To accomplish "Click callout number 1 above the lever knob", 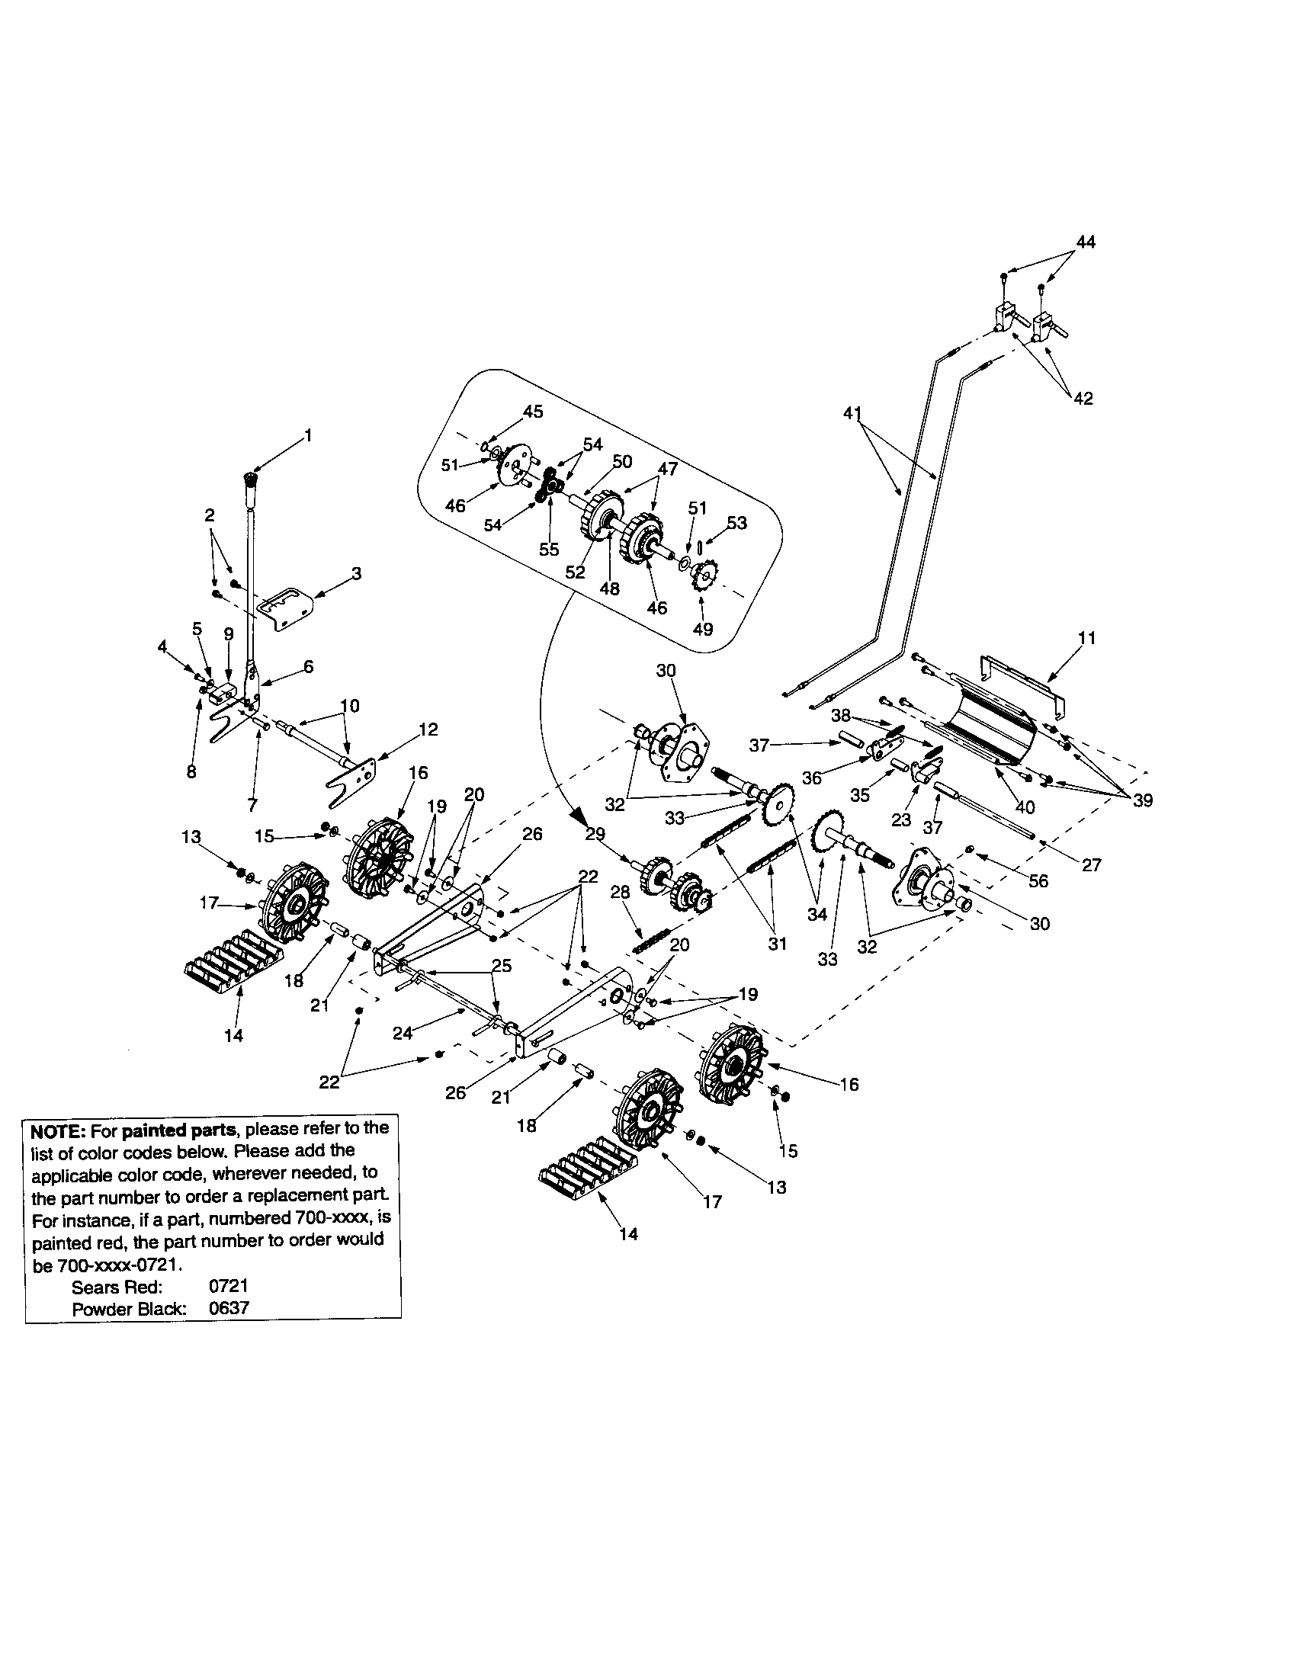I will coord(308,435).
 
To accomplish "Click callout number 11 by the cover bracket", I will coord(1086,638).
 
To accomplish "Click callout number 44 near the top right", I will coord(1085,242).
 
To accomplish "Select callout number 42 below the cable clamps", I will coord(1083,399).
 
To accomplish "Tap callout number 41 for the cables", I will coord(852,413).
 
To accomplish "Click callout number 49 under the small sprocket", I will coord(703,629).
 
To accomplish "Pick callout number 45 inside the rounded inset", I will coord(533,412).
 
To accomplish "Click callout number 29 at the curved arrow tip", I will coord(595,835).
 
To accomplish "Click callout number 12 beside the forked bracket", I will coord(428,729).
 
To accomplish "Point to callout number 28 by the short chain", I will coord(620,890).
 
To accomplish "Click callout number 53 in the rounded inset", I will coord(736,523).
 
